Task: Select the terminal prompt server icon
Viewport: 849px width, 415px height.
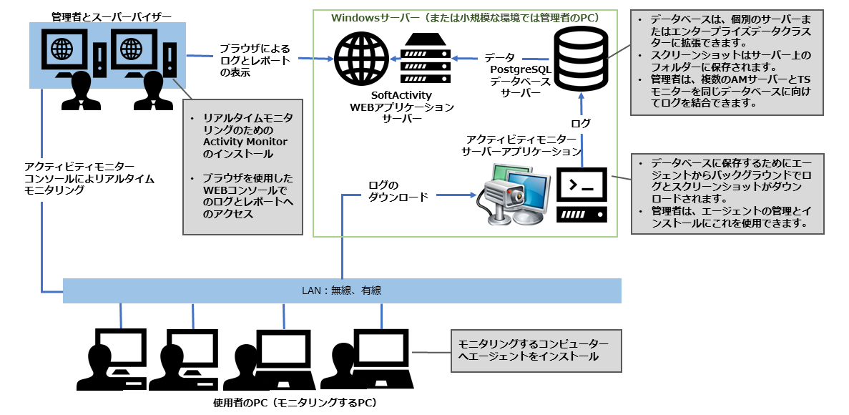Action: [x=581, y=194]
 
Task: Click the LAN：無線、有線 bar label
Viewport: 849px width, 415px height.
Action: [x=341, y=290]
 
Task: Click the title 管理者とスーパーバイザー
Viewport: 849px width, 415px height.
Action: [x=106, y=15]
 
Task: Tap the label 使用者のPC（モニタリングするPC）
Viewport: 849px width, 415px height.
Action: [x=295, y=403]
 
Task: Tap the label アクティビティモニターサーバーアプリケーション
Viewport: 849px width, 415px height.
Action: [x=521, y=145]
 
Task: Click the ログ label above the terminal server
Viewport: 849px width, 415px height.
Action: [x=581, y=123]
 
